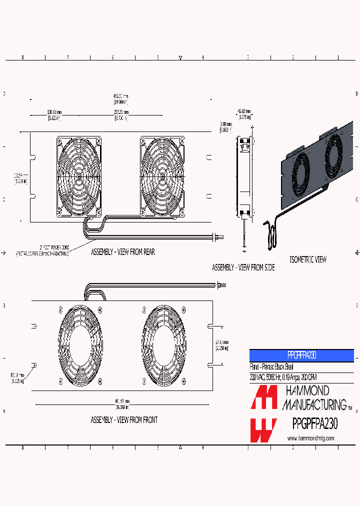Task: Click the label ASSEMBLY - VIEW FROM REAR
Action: click(x=122, y=252)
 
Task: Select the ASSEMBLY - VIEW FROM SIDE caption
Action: click(x=243, y=268)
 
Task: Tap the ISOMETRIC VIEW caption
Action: click(x=308, y=259)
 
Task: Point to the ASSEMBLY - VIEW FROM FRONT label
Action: click(x=123, y=420)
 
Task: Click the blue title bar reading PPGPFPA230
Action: click(x=301, y=355)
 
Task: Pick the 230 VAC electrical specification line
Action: click(x=283, y=377)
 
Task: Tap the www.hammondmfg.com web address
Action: click(x=310, y=438)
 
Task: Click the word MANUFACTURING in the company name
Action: click(x=314, y=404)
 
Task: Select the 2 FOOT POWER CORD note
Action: click(x=42, y=251)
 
